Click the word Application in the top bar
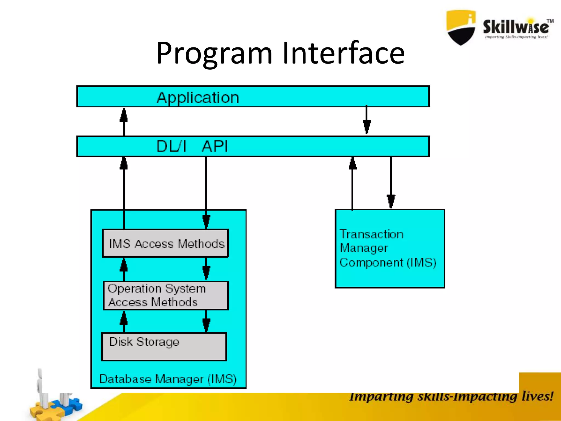coord(198,98)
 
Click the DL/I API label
coord(192,146)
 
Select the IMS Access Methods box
coord(165,243)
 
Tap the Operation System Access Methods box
coord(165,295)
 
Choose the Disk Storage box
coord(164,346)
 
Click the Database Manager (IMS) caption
coord(168,379)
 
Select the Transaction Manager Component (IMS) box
coord(390,248)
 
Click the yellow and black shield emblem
coord(461,27)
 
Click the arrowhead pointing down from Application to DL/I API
coord(367,127)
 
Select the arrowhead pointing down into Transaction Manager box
coord(391,201)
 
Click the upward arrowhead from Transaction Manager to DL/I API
coord(353,164)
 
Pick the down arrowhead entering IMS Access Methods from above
coord(206,221)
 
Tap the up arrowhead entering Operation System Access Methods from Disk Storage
coord(124,318)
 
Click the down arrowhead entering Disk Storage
coord(206,325)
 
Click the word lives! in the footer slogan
coord(537,396)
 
